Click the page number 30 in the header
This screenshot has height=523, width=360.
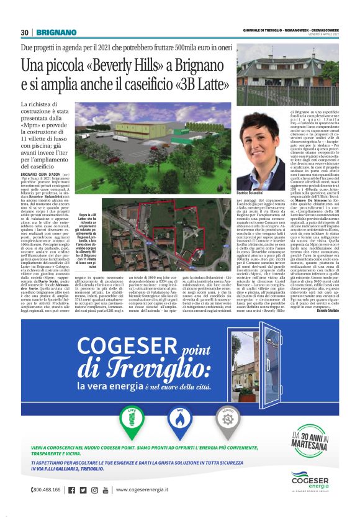pos(25,32)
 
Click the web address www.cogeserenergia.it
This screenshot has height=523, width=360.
pos(152,490)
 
